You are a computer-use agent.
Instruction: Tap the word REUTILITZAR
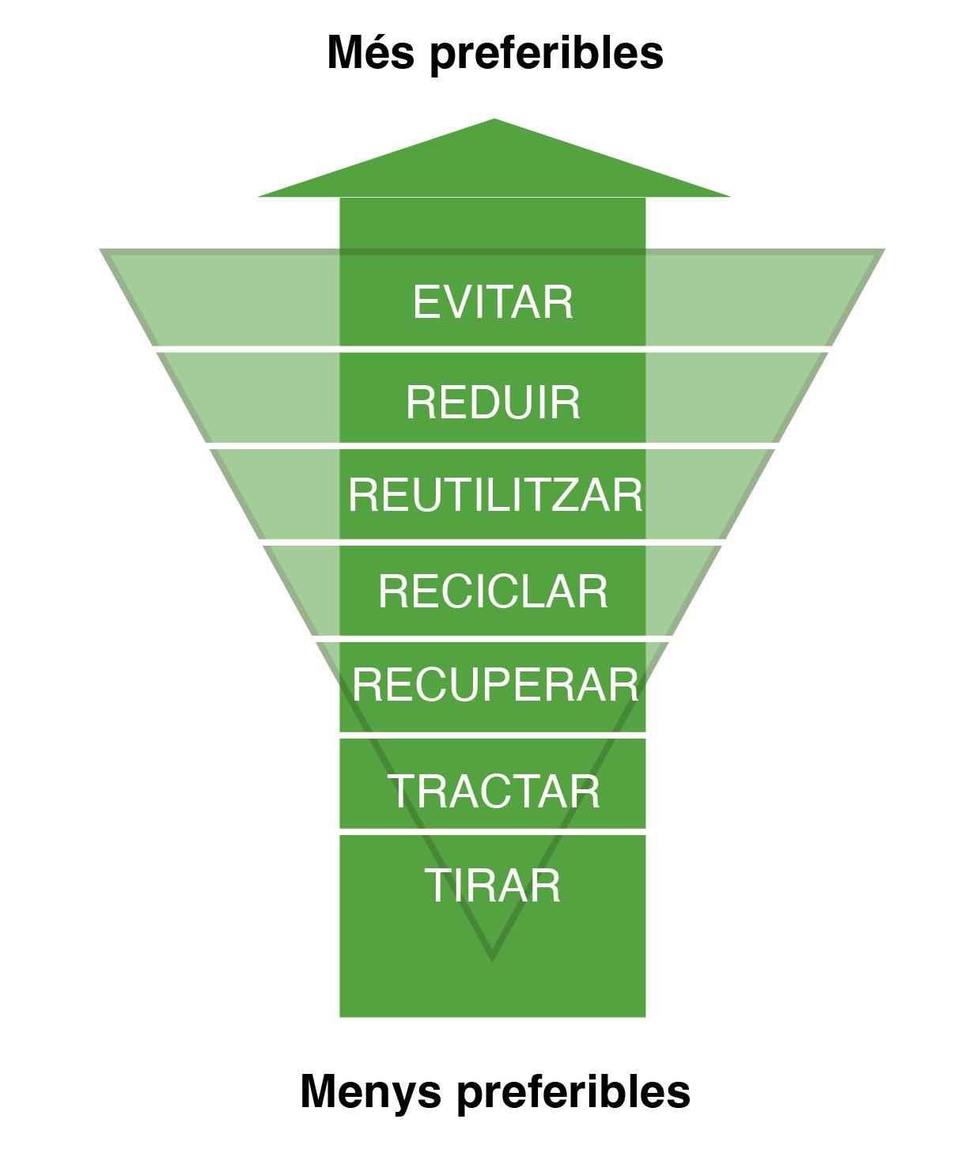click(x=495, y=495)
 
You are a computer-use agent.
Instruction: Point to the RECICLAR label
click(x=493, y=591)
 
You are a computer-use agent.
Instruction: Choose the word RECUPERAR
click(x=495, y=684)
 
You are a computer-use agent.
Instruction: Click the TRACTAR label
click(x=494, y=791)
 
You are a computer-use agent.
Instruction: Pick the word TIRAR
click(x=493, y=885)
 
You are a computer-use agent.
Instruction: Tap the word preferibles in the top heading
click(x=546, y=55)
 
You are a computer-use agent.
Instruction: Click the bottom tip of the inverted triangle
click(x=492, y=957)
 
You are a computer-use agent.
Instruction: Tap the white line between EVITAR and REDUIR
click(x=493, y=348)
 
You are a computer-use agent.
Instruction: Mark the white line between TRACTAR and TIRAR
click(x=493, y=832)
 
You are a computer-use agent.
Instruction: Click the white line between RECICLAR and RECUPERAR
click(x=493, y=637)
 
